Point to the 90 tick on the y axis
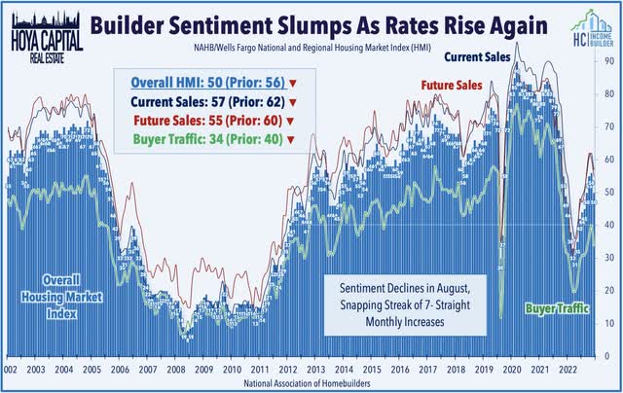click(x=609, y=60)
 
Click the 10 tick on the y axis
click(x=609, y=323)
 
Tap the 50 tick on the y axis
click(x=609, y=192)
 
